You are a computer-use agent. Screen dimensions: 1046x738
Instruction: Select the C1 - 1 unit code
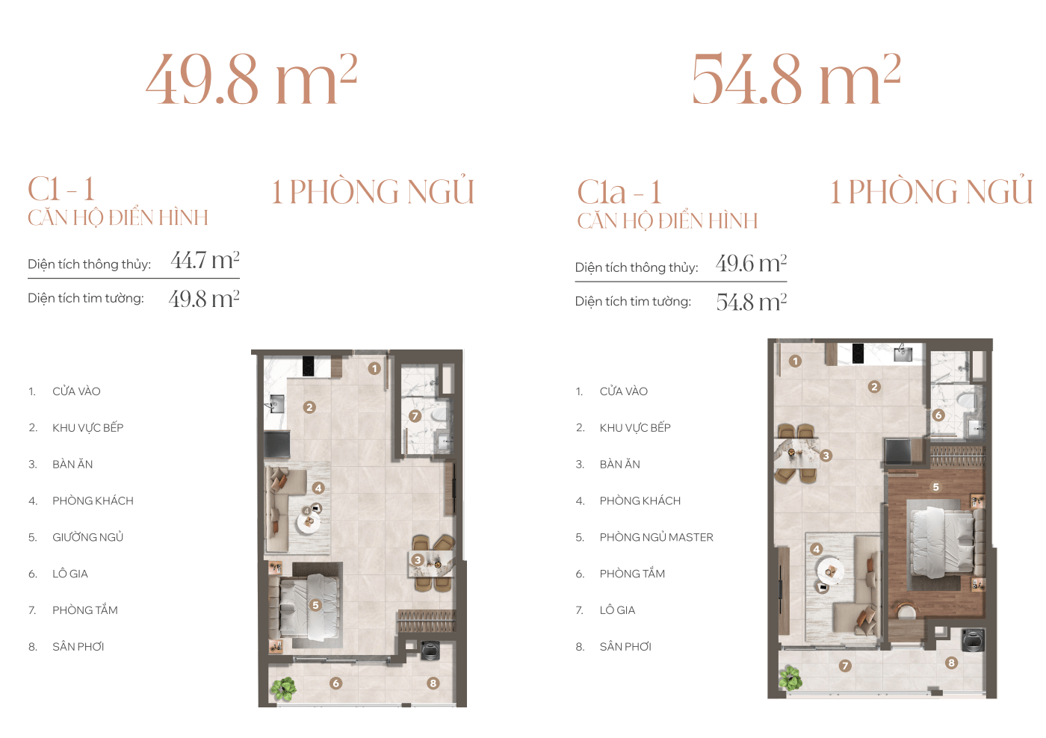click(61, 188)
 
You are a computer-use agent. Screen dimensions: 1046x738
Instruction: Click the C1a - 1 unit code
click(619, 191)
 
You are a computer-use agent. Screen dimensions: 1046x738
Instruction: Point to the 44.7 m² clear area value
click(205, 260)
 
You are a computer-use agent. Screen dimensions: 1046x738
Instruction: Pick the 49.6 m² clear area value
click(751, 263)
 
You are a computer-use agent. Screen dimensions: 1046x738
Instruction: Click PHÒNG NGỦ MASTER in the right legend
click(656, 537)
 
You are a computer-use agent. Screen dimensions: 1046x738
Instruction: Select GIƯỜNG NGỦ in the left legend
click(88, 537)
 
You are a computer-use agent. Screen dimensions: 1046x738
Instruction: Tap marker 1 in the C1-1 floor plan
click(374, 369)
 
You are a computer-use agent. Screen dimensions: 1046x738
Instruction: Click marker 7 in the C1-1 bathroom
click(415, 416)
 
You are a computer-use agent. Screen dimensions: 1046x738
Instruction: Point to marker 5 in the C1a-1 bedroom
click(935, 487)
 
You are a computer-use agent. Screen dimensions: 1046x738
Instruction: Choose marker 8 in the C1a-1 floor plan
click(951, 663)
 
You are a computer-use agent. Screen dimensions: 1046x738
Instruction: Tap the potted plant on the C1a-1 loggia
click(790, 677)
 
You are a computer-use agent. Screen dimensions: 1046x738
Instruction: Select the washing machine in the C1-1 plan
click(430, 651)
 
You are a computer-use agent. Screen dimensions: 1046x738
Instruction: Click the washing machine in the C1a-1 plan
click(973, 640)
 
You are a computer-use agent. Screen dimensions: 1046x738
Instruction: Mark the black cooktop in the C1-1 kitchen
click(308, 367)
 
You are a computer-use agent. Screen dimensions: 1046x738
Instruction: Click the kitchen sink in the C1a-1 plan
click(903, 353)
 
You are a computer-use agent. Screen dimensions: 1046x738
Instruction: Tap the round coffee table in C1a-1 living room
click(830, 571)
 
